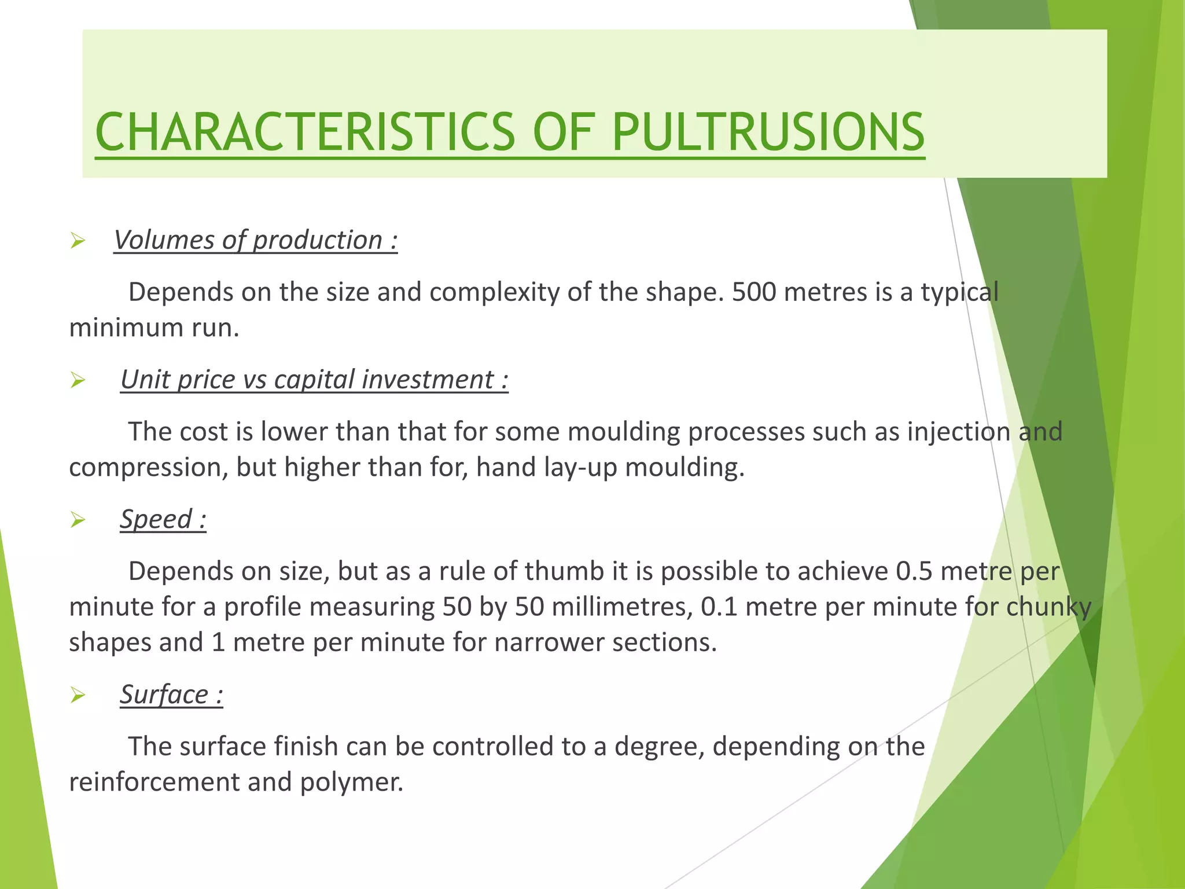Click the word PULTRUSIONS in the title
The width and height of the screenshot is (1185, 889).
(x=768, y=132)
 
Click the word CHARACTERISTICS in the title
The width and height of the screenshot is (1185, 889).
(x=305, y=132)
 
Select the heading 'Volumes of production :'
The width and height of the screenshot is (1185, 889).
(x=255, y=240)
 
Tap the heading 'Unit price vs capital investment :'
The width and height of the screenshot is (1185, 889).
(x=314, y=380)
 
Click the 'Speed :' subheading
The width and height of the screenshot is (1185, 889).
(x=163, y=519)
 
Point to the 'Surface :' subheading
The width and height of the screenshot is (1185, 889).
(x=171, y=695)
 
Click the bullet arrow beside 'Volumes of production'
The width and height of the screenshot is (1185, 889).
(x=78, y=241)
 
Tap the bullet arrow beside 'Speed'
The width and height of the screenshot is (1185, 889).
(x=78, y=520)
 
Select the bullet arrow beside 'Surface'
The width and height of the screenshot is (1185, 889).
(x=78, y=695)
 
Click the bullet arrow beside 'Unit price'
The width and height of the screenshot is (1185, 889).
(x=78, y=381)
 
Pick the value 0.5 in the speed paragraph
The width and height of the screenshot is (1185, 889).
(x=914, y=572)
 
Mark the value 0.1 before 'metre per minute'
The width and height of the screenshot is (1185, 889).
(x=719, y=607)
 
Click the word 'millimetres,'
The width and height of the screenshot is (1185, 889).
(x=622, y=607)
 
